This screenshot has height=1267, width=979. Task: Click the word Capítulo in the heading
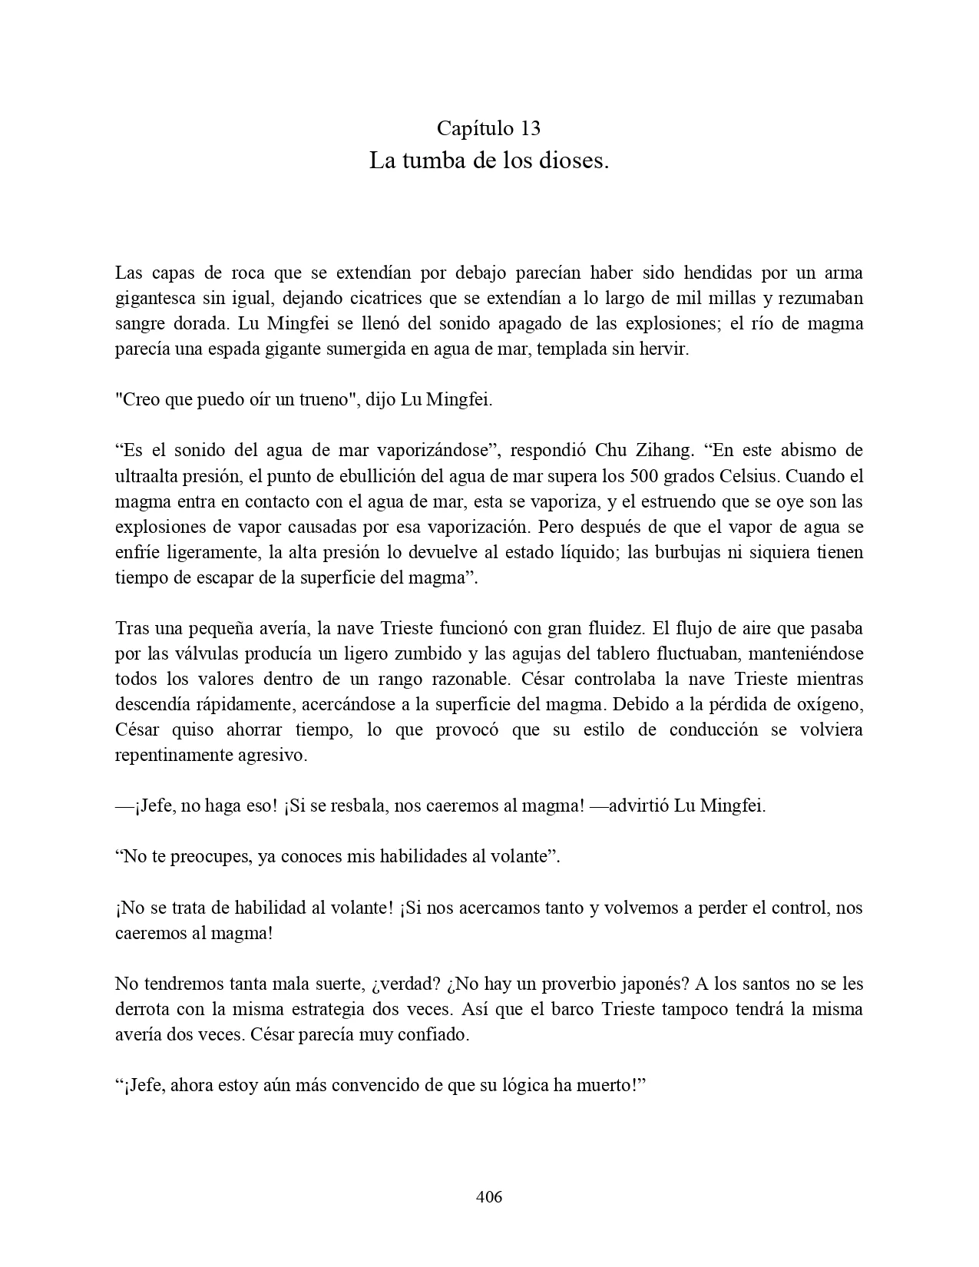(470, 127)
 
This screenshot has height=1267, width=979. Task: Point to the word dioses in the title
(574, 161)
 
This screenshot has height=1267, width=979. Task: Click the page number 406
(489, 1196)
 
